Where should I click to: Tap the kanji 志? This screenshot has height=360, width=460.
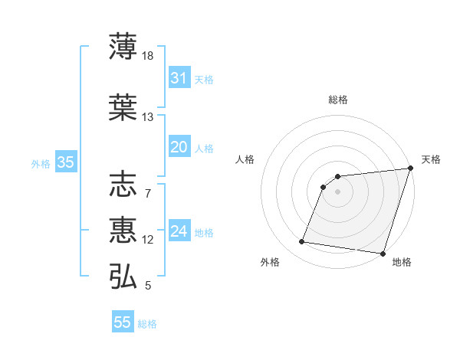click(x=123, y=185)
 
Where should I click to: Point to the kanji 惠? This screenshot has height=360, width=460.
click(x=123, y=230)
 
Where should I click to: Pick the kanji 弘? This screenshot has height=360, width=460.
click(x=123, y=276)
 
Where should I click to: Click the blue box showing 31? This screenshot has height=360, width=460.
click(x=179, y=78)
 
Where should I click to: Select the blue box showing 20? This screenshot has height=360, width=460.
click(x=179, y=147)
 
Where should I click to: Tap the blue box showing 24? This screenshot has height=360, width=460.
click(x=179, y=231)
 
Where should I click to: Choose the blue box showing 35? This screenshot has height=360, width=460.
click(x=65, y=162)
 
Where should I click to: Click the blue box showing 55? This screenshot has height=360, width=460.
click(x=123, y=322)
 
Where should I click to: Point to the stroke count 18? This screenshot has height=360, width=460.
click(x=148, y=56)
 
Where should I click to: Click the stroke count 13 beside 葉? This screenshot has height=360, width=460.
click(x=148, y=117)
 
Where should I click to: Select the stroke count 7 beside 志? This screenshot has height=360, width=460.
click(x=148, y=193)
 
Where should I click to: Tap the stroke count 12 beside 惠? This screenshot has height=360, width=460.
click(x=148, y=240)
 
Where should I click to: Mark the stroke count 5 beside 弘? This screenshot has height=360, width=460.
click(x=148, y=286)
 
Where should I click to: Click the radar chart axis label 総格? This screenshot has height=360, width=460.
click(x=337, y=100)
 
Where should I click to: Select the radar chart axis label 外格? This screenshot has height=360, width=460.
click(x=270, y=262)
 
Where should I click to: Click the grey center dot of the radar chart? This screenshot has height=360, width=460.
click(x=337, y=192)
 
